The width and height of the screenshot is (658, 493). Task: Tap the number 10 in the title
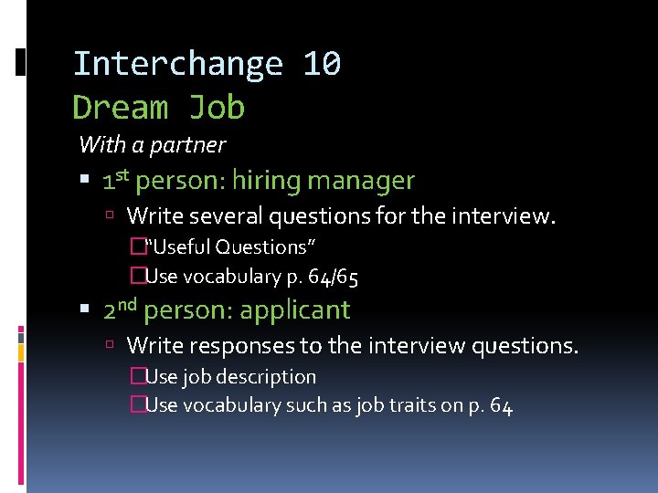click(322, 64)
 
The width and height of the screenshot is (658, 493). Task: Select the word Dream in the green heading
click(121, 108)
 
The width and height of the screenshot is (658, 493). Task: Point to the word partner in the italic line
click(190, 144)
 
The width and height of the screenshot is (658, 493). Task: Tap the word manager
click(361, 182)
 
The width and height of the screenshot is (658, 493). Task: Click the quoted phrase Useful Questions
click(231, 246)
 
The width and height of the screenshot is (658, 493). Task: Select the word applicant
click(294, 310)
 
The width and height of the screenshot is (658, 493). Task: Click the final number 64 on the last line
click(501, 404)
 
